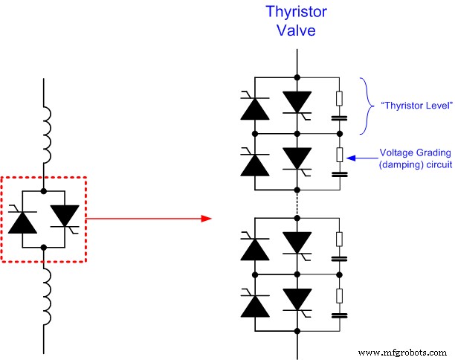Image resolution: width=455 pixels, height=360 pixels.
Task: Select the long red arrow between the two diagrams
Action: click(149, 219)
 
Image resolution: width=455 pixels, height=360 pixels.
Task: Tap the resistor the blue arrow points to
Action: click(339, 155)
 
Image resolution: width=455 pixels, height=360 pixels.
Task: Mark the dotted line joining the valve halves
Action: click(297, 200)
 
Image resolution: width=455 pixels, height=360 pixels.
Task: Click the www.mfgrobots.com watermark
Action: click(404, 350)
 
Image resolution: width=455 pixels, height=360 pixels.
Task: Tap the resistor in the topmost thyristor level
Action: click(339, 97)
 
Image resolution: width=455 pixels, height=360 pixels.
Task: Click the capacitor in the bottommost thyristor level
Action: click(339, 315)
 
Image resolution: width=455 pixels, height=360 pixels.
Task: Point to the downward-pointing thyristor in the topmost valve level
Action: click(297, 102)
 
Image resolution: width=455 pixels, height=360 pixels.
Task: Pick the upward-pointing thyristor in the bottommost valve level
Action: click(255, 303)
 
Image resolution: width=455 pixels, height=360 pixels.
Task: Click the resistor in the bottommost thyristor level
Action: click(339, 295)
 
